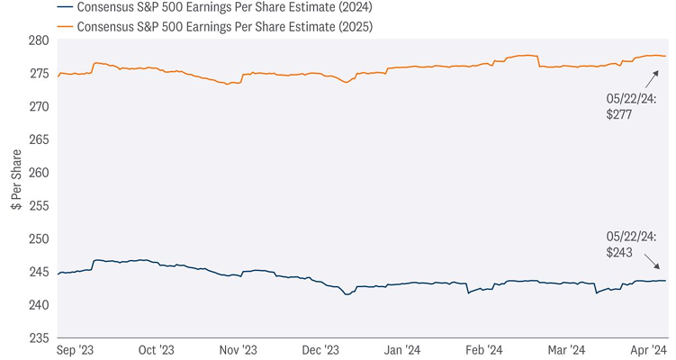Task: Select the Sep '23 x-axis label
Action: point(76,349)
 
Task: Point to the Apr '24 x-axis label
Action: point(646,349)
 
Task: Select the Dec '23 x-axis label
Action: point(319,349)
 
